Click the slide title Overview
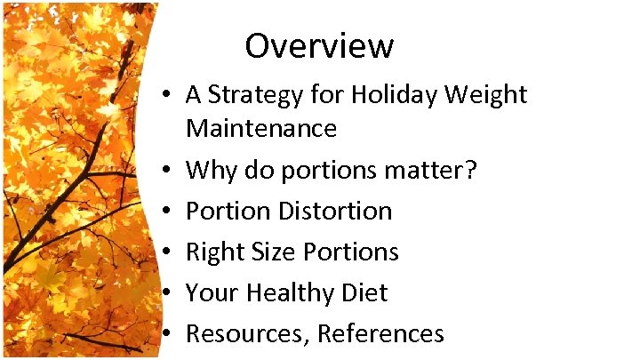click(x=319, y=45)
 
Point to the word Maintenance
click(x=261, y=129)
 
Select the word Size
click(x=269, y=252)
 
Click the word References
click(x=380, y=333)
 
